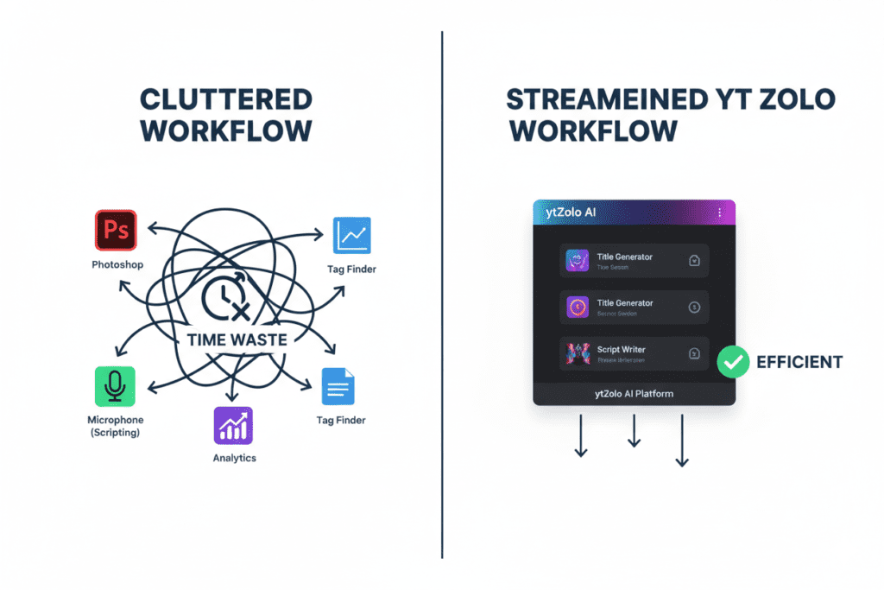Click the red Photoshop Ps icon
[x=116, y=231]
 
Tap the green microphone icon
[x=115, y=386]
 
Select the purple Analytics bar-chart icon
[x=233, y=425]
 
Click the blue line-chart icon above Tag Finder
[x=351, y=235]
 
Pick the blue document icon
[x=338, y=386]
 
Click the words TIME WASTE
[x=237, y=339]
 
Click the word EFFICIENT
[x=799, y=362]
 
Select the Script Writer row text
[x=622, y=350]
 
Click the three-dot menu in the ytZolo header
[x=719, y=213]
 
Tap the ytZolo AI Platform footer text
[x=634, y=394]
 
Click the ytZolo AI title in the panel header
[x=570, y=213]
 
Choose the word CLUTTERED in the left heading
[x=225, y=99]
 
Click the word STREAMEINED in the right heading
[x=604, y=99]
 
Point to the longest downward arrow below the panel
[x=682, y=441]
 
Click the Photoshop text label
[x=117, y=264]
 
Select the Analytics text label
[x=234, y=458]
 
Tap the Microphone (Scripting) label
[x=116, y=426]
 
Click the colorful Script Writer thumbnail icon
[x=576, y=352]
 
